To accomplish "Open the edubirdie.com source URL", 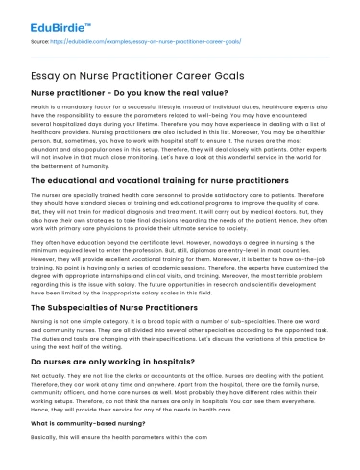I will (107, 43).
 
